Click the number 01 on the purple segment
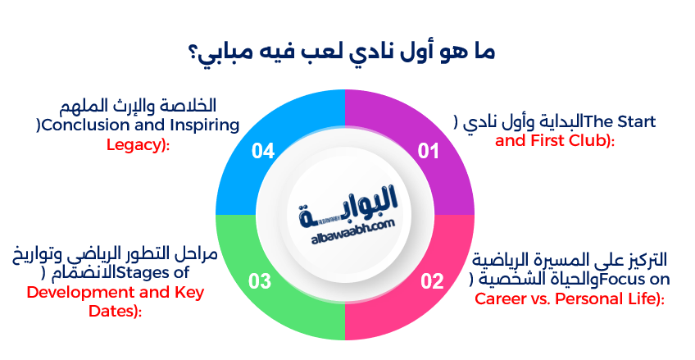(429, 151)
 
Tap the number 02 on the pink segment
(432, 282)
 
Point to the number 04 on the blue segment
(263, 151)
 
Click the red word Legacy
(130, 144)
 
